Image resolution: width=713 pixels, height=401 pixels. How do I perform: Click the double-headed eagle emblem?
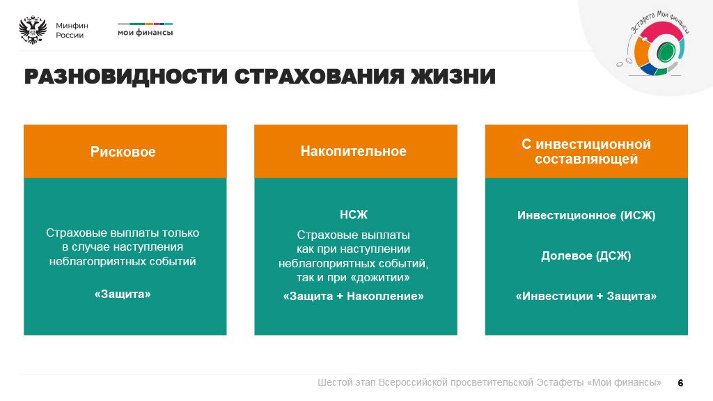tap(33, 31)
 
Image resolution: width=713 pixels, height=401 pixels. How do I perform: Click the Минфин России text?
tap(72, 31)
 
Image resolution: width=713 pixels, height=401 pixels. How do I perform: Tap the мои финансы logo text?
tap(145, 32)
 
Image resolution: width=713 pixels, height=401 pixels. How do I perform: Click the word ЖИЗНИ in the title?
tap(453, 77)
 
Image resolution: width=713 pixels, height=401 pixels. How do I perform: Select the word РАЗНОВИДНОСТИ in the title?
tap(126, 77)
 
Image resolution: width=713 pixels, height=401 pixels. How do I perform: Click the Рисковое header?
tap(123, 152)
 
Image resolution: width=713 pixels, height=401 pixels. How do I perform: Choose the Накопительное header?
tap(354, 151)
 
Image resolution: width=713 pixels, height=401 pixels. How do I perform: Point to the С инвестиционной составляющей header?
tap(586, 152)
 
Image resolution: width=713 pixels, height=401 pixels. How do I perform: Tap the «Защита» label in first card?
tap(123, 294)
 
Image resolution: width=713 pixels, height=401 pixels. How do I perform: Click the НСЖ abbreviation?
tap(353, 214)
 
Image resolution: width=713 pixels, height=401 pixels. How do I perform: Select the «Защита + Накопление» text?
tap(354, 297)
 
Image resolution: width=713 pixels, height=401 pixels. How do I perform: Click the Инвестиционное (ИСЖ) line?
tap(586, 215)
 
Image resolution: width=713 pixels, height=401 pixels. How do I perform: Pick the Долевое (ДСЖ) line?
tap(586, 255)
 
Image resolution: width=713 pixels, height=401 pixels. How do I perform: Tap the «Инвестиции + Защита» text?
tap(586, 297)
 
